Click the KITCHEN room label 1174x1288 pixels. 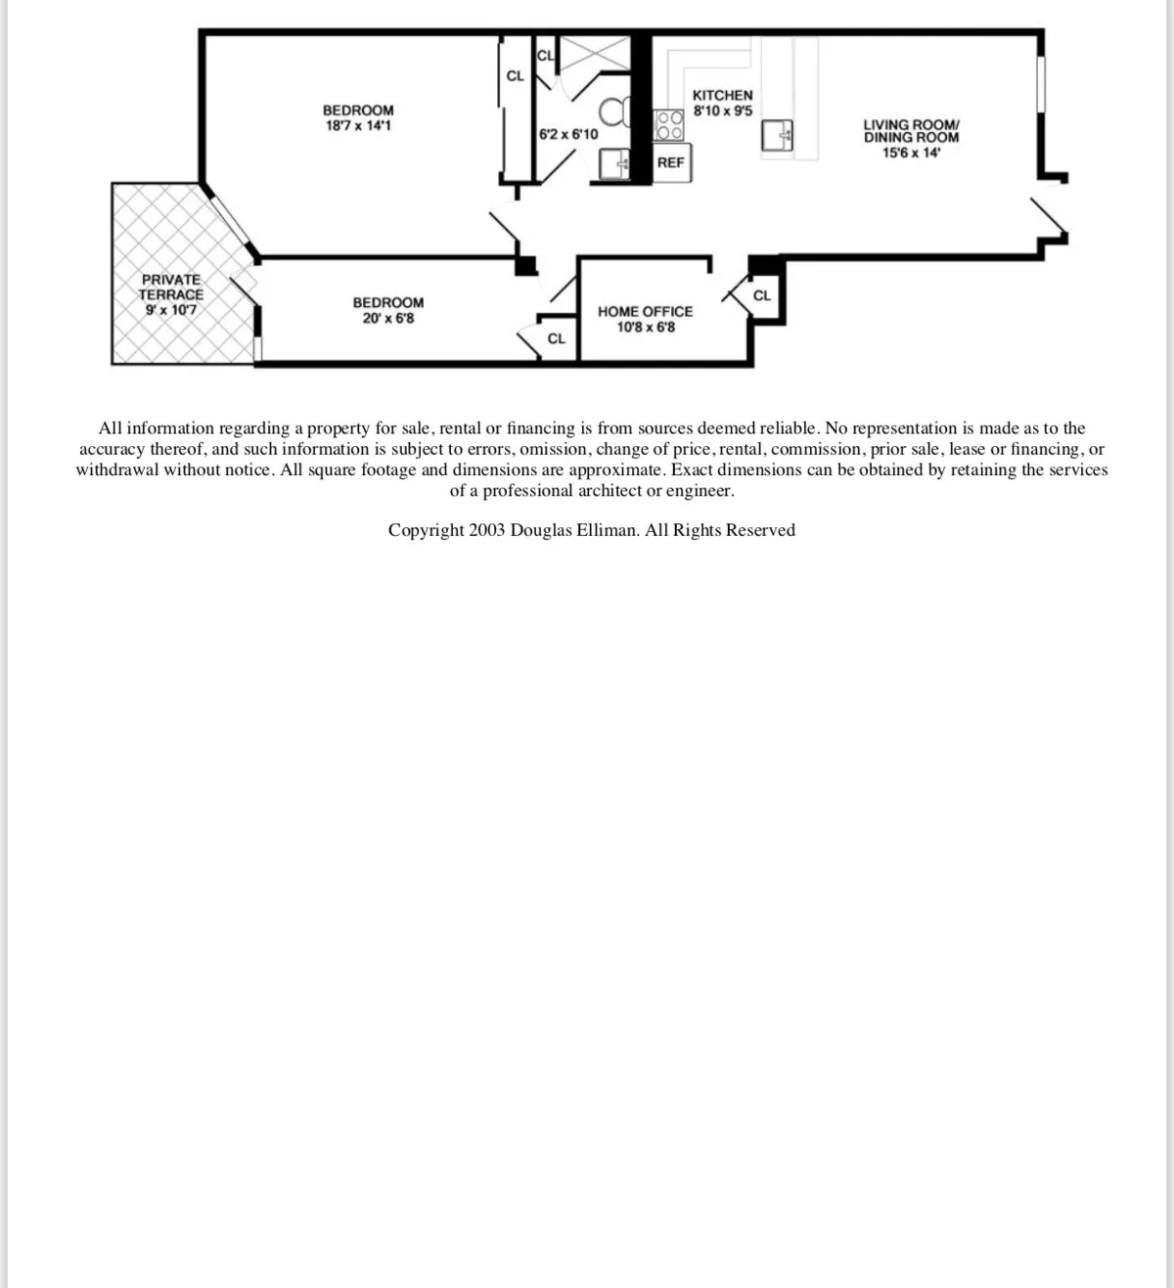click(722, 95)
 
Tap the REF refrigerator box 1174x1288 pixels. click(670, 162)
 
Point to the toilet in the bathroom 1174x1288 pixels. click(615, 113)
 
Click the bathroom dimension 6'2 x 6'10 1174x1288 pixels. click(568, 134)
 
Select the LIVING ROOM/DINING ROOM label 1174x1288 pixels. click(911, 131)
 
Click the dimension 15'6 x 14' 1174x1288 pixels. click(911, 153)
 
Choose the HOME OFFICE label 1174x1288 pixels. click(645, 311)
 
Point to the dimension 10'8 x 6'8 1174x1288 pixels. click(645, 327)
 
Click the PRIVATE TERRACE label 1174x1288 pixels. click(171, 287)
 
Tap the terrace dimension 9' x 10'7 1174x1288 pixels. click(171, 310)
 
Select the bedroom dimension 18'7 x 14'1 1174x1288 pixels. click(358, 126)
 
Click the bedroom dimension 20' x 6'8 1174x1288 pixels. click(387, 319)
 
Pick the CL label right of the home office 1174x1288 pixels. click(762, 295)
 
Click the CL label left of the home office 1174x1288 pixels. click(556, 338)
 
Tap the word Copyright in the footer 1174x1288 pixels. click(426, 530)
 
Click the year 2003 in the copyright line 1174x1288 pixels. click(486, 530)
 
